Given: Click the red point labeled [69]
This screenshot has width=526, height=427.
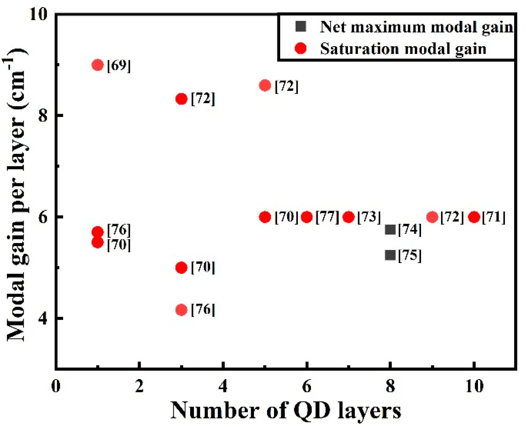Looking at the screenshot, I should pos(98,65).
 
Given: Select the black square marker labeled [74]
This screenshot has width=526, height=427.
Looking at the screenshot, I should pos(390,230).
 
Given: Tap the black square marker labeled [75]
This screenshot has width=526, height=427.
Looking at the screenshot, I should pos(390,255).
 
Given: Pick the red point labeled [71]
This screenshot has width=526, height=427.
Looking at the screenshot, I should pos(474,217).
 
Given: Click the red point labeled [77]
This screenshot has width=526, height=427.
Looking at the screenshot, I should pos(307,217).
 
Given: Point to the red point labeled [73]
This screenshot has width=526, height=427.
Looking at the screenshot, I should pos(349,217).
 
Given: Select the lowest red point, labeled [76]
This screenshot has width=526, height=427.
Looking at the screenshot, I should pos(181,310).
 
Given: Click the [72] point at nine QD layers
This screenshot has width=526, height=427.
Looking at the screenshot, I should pos(432,217).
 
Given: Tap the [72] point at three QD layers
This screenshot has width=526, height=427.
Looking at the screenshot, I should pos(181,99).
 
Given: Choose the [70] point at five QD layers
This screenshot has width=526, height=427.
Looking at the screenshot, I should pos(265,217).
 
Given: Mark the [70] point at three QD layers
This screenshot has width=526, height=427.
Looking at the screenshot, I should pos(181,267).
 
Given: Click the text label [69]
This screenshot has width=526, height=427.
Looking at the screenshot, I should pos(119,66).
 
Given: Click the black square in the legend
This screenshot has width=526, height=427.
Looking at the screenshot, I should pos(301,26).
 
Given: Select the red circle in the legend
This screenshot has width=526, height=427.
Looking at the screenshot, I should pos(301,48).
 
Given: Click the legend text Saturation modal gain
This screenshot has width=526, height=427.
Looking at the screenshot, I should pos(403,49).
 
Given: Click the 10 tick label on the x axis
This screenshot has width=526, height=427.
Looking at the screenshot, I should pos(474,386).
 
